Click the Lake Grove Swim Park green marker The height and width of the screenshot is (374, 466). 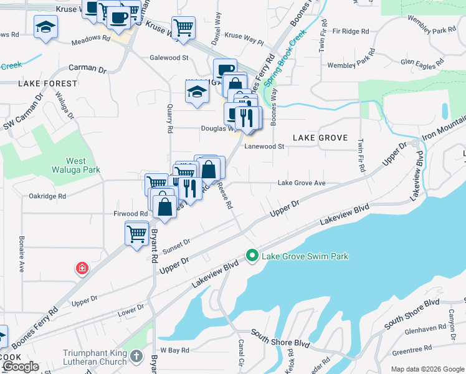click(252, 256)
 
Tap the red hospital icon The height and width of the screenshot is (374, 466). click(82, 269)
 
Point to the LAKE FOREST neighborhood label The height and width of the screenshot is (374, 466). click(43, 83)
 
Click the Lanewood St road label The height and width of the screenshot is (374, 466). click(264, 146)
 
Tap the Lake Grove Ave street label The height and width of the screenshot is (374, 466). click(302, 183)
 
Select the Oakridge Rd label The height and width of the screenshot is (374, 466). click(47, 196)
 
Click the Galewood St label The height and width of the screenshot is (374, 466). click(169, 57)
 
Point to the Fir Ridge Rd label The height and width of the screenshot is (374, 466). click(351, 30)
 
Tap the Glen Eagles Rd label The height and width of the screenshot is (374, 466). click(422, 62)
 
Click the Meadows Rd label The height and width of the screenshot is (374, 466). click(90, 38)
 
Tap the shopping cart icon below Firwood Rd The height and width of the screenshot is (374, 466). click(136, 234)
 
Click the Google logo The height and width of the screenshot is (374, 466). click(21, 367)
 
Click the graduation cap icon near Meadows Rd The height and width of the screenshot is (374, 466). click(46, 27)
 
